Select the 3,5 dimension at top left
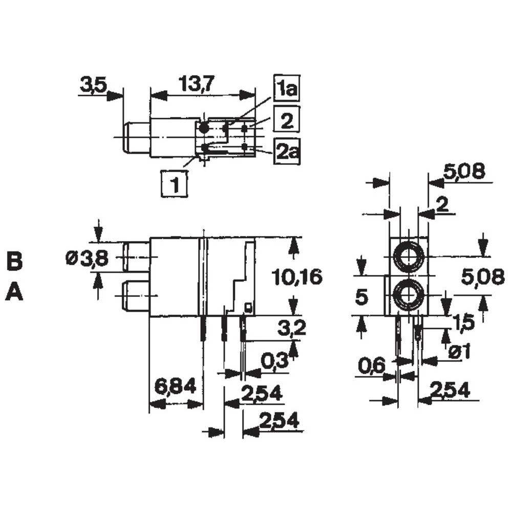click(93, 86)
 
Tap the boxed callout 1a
click(287, 89)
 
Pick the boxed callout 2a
click(287, 152)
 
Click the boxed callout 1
click(175, 184)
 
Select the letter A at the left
click(14, 291)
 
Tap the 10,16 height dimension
click(297, 277)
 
